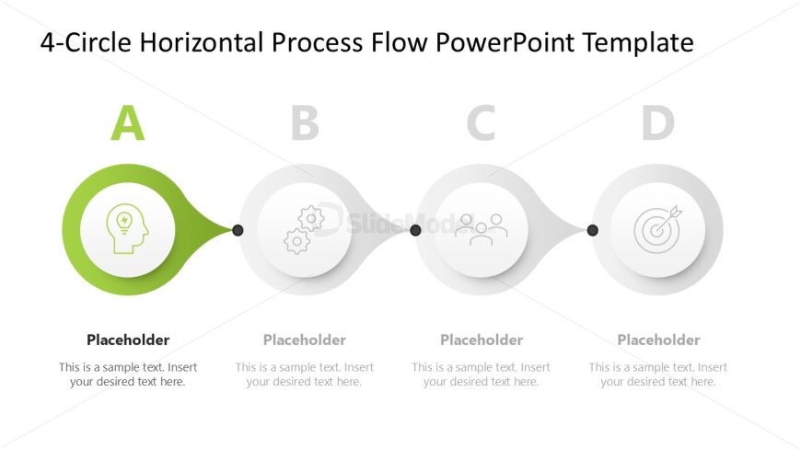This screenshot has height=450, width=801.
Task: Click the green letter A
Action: [x=128, y=123]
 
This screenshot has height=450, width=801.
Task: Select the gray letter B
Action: [x=305, y=123]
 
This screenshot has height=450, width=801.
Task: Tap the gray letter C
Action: [x=481, y=123]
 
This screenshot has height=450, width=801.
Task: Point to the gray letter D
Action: [x=658, y=123]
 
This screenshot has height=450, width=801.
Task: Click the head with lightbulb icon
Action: [x=127, y=230]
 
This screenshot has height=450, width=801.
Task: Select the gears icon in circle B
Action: [x=304, y=230]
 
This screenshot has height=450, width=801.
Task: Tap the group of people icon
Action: [x=481, y=228]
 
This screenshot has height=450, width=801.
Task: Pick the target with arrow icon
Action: [x=657, y=229]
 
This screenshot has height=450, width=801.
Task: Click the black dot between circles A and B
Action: [x=238, y=230]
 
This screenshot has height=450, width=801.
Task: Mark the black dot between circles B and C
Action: [x=415, y=230]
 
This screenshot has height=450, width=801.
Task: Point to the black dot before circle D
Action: [x=592, y=230]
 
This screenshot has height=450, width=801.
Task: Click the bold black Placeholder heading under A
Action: [x=128, y=340]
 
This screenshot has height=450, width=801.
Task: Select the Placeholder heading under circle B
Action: [x=305, y=340]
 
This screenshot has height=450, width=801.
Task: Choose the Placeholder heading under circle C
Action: [x=482, y=340]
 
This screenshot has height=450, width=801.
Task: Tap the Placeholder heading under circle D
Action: [x=658, y=340]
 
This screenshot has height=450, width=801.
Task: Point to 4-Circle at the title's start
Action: [x=76, y=42]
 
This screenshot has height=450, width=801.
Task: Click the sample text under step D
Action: [x=658, y=375]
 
